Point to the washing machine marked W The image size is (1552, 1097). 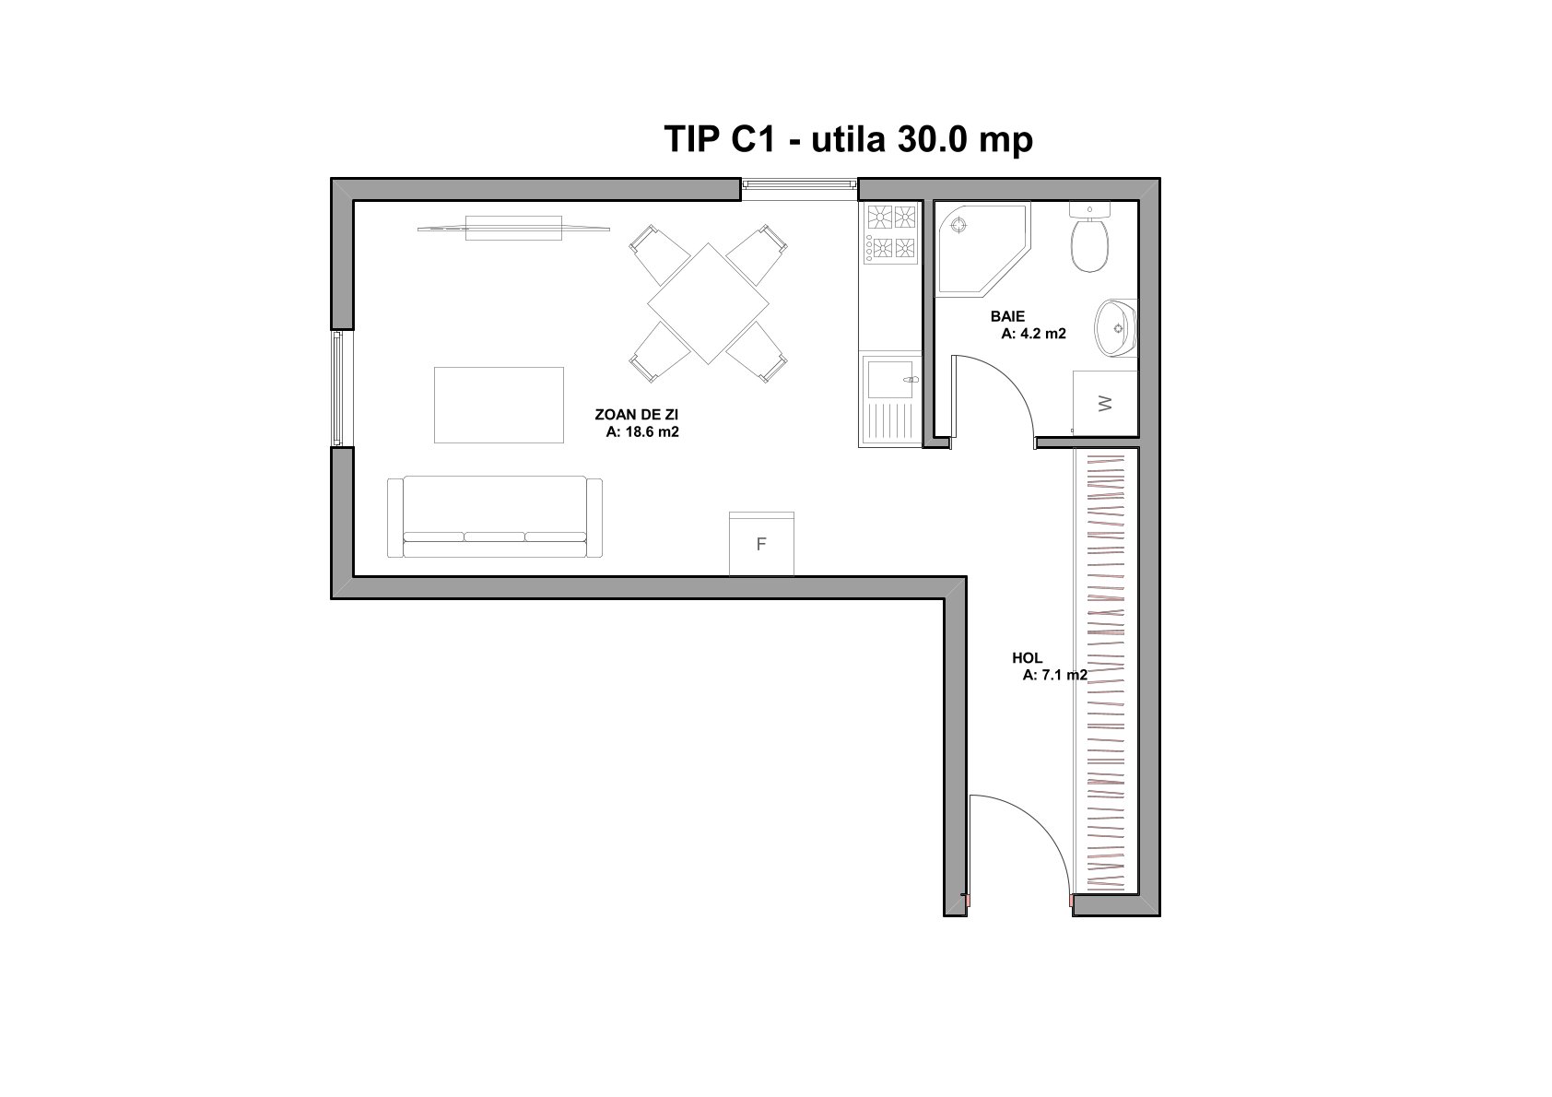pos(1106,404)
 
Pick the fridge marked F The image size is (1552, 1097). pos(761,544)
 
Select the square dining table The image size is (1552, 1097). pos(708,303)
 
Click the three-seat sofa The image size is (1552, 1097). pos(495,517)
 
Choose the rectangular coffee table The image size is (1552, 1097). pos(499,405)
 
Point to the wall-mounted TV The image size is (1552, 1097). pos(513,228)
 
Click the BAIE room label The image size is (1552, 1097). pos(1007,317)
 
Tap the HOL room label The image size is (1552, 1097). pos(1027,658)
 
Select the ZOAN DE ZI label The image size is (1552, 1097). pos(637,415)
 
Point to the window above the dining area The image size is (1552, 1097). pos(800,184)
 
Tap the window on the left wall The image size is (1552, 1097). pos(337,388)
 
